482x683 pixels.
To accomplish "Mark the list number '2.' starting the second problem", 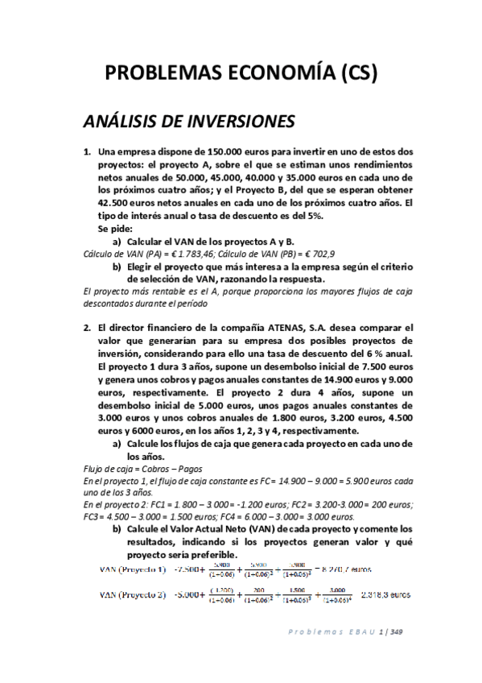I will (88, 329).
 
